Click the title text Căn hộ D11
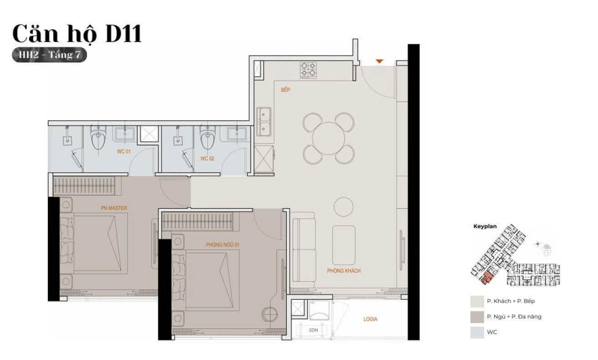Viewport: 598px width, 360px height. (x=77, y=33)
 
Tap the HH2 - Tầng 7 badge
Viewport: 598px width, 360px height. (x=50, y=55)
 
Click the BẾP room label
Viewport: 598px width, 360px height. (x=285, y=90)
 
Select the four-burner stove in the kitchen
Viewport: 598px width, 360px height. (x=308, y=70)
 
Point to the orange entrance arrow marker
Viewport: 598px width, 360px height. (x=378, y=61)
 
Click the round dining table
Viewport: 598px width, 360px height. (x=328, y=138)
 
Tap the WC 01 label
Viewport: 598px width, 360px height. (x=124, y=151)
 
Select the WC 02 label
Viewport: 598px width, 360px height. (x=207, y=158)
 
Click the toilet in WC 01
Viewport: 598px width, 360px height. (x=98, y=137)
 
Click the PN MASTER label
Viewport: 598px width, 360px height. (x=114, y=208)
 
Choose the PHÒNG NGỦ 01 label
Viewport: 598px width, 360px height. (x=222, y=245)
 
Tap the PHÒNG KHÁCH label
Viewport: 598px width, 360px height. (x=343, y=271)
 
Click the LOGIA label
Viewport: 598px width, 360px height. (x=370, y=319)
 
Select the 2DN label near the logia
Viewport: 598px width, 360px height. (x=313, y=330)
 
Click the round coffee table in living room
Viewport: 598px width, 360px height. (x=343, y=206)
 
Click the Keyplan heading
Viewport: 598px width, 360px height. (x=485, y=226)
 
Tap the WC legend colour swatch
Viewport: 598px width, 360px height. (x=477, y=333)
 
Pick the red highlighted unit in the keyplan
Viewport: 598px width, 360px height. (x=487, y=279)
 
